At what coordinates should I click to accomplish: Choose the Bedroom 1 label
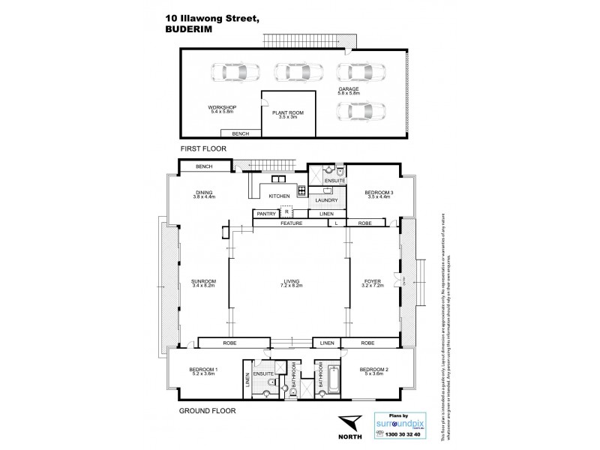(x=203, y=369)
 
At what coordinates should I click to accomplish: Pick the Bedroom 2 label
(x=373, y=369)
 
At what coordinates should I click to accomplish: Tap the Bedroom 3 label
(x=379, y=193)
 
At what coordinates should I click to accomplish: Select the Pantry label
(x=266, y=214)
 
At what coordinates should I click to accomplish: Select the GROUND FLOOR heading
(x=207, y=411)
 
